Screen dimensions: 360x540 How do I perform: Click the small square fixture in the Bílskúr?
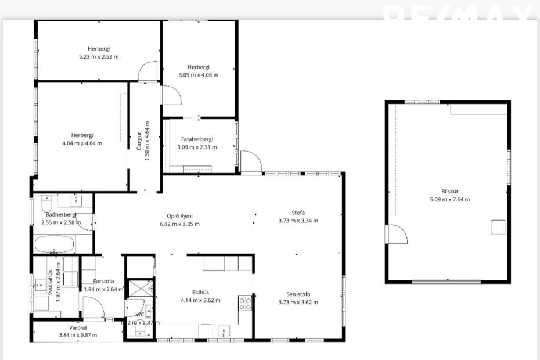point(498,227)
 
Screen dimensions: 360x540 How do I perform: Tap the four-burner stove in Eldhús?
point(245,303)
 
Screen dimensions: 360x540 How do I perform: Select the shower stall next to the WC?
point(140,289)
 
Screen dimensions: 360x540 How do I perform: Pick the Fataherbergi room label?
point(197,139)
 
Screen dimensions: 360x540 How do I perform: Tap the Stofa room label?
point(298,213)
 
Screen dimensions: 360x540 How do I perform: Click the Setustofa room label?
point(298,294)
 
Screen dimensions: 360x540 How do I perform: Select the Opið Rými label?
point(179,216)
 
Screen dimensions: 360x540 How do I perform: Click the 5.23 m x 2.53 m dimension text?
point(99,56)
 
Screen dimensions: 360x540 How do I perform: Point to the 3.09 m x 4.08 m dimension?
point(199,75)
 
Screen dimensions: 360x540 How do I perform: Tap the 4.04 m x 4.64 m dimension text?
point(82,143)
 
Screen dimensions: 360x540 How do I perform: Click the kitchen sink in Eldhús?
point(223,332)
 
